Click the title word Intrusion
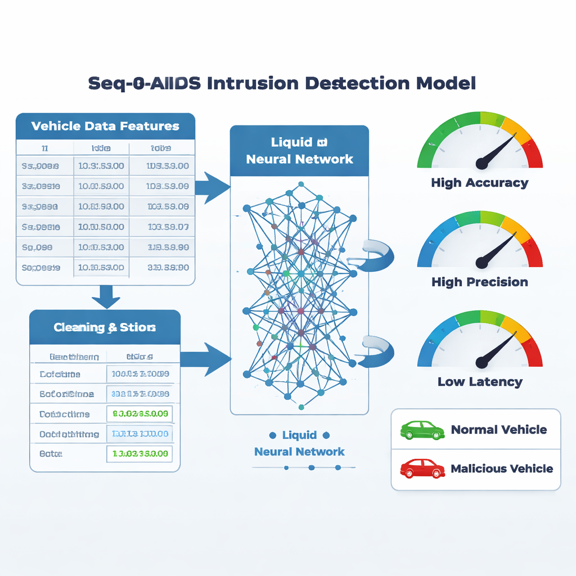coord(253,83)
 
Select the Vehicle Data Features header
coord(105,126)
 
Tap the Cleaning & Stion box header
coord(105,327)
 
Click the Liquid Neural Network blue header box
coord(299,150)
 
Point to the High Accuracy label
coord(480,183)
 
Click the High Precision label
coord(480,282)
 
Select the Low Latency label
coord(480,382)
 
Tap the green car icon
coord(422,430)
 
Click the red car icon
coord(422,468)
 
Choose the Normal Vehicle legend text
coord(499,430)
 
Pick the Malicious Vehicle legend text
coord(502,469)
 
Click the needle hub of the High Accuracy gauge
coord(481,163)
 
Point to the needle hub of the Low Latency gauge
coord(481,362)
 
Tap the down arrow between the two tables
coord(106,296)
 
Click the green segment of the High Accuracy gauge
coord(444,129)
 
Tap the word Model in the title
coord(446,83)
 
